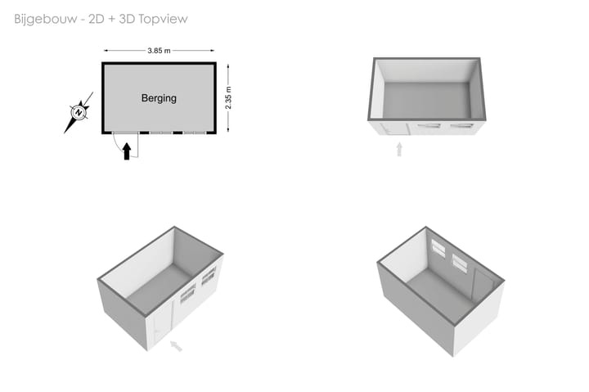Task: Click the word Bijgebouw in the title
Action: pos(46,19)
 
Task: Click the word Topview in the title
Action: pos(163,19)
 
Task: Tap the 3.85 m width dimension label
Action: pos(159,51)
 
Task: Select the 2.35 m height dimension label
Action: pos(228,97)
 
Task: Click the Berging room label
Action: pos(159,98)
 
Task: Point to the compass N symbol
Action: pos(79,112)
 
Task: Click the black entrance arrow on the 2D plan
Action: pos(127,151)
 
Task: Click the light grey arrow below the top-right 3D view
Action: pos(399,149)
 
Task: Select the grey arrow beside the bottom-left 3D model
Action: pos(176,346)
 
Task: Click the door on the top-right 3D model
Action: pos(394,128)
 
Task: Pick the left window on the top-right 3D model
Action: pos(428,126)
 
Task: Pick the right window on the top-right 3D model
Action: pos(462,126)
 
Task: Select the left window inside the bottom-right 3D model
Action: pos(438,249)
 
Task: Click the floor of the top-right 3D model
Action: pos(428,101)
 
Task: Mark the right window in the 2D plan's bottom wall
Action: pos(194,133)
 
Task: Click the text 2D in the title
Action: pos(97,19)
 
